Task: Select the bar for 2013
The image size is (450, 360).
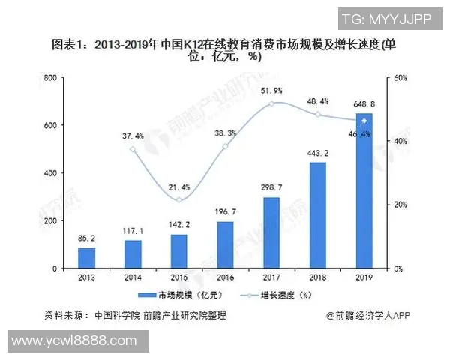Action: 87,258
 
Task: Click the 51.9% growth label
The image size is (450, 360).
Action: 271,91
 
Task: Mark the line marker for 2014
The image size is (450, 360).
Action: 133,149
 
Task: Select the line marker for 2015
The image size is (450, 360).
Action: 179,199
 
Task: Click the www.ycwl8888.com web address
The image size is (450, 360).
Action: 75,341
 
